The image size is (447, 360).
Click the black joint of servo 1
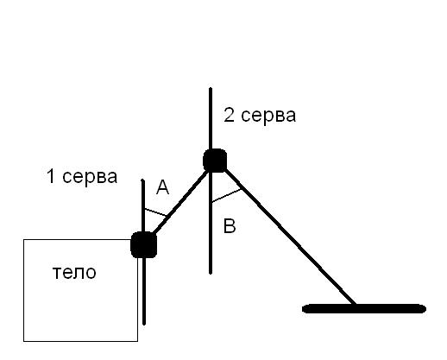point(143,244)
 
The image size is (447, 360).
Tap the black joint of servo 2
point(215,161)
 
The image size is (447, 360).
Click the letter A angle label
point(162,186)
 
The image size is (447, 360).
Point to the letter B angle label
point(230,226)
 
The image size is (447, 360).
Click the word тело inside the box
point(74,272)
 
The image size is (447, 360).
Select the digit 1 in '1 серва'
point(51,176)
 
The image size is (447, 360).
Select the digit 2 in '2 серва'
point(229,116)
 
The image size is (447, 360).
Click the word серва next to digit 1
point(90,177)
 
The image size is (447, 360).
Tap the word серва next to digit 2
point(268,116)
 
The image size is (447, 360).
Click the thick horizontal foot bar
point(364,308)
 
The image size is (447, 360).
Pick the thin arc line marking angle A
point(155,212)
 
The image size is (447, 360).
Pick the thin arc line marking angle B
point(226,196)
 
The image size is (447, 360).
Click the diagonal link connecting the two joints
point(179,202)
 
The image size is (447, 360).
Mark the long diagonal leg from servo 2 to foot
point(290,237)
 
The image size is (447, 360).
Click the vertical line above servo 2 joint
point(211,118)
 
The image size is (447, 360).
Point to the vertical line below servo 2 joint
point(211,223)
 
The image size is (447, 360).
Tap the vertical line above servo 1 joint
point(143,205)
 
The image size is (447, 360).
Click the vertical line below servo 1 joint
point(144,291)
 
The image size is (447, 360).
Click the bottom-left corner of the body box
point(23,341)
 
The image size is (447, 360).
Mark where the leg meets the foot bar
point(356,305)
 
